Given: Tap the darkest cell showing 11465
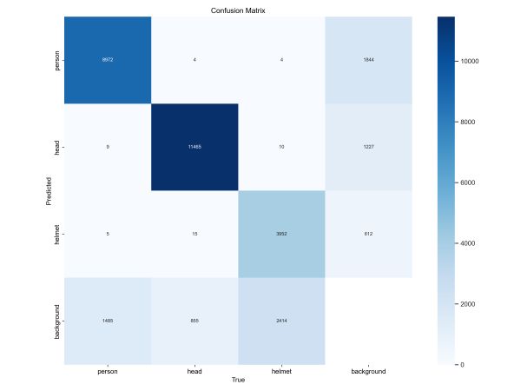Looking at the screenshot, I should tap(193, 147).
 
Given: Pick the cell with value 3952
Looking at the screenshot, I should tap(280, 234).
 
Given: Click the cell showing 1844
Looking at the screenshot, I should tap(368, 60).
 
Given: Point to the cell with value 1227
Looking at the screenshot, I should tap(368, 147).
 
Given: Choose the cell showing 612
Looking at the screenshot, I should tap(368, 234).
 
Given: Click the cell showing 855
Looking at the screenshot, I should tap(193, 321).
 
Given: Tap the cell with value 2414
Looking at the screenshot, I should tap(280, 321).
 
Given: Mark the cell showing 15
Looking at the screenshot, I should tap(193, 234).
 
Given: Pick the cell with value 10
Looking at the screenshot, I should tap(280, 147).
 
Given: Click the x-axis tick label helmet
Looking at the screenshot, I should tap(280, 372).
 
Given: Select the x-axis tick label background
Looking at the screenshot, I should tap(368, 372).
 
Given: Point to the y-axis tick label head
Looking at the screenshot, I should tap(56, 147).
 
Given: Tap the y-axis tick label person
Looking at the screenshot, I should tap(56, 60).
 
